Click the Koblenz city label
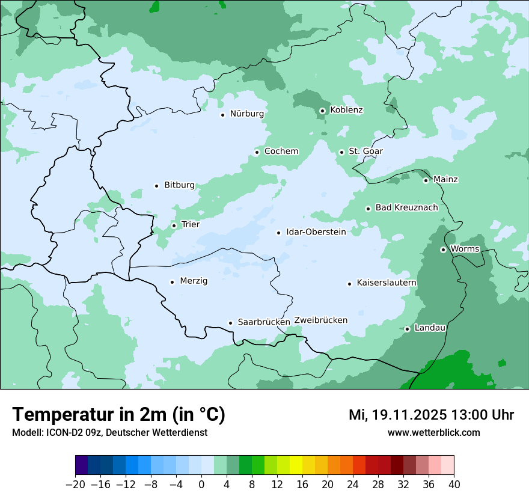(x=346, y=110)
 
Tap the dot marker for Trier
(x=174, y=225)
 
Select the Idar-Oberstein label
(x=316, y=232)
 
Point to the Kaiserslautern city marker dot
(x=349, y=284)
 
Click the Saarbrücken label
(x=264, y=322)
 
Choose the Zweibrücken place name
(x=320, y=320)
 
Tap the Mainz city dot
(x=426, y=180)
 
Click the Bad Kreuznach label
(x=406, y=208)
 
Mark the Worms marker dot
(x=443, y=249)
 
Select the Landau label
(x=430, y=328)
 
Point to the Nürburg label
(x=246, y=114)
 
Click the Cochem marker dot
(x=257, y=152)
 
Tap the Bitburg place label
(x=179, y=185)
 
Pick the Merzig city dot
(x=172, y=282)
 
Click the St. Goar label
(x=365, y=152)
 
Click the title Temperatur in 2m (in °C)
(x=118, y=415)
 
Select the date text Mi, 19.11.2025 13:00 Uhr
(x=431, y=415)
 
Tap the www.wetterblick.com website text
(x=433, y=433)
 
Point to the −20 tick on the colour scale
(x=76, y=484)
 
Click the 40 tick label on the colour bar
(x=454, y=484)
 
